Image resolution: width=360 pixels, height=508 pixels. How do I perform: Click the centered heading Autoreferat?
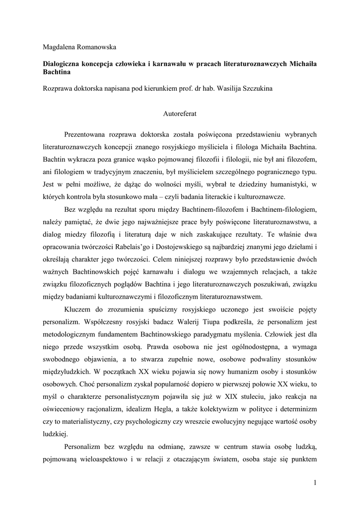[x=180, y=113]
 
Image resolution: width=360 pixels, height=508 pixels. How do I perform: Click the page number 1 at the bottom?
[x=315, y=482]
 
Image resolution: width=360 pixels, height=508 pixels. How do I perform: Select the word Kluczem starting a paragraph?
[x=79, y=310]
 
